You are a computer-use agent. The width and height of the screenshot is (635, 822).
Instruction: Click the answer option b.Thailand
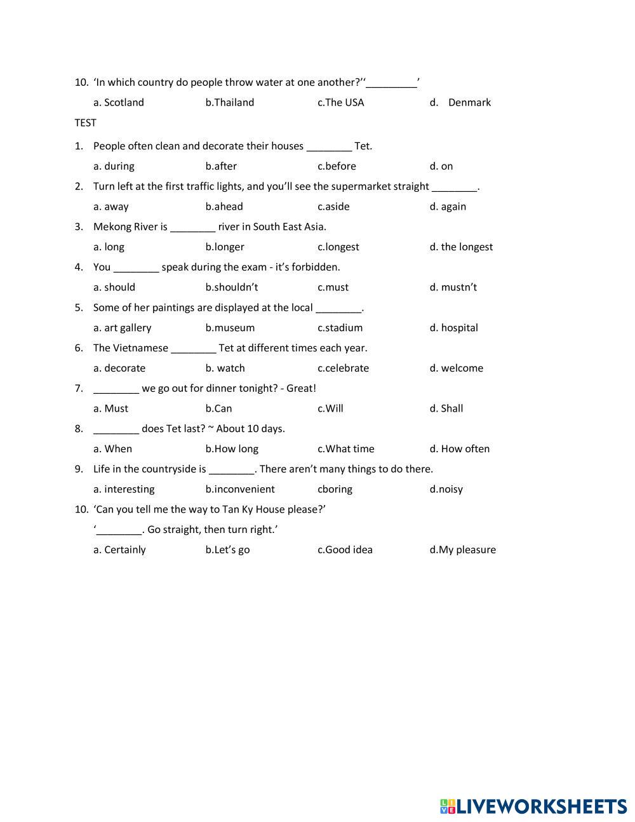229,102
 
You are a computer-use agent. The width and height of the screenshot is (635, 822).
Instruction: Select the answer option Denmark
469,102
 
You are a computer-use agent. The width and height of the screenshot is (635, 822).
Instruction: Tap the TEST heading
85,123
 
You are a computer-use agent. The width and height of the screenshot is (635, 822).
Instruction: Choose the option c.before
337,166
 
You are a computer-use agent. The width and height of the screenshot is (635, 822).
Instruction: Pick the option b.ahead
224,206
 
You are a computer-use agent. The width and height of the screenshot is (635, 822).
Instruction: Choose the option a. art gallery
122,328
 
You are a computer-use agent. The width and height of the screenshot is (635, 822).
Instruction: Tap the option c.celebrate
343,368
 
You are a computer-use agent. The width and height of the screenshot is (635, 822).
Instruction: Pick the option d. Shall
446,408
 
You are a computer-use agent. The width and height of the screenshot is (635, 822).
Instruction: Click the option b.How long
232,448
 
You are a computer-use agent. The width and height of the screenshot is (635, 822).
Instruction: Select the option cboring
335,489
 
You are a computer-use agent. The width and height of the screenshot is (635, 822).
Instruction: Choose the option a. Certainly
119,549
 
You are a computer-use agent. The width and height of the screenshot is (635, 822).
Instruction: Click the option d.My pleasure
462,549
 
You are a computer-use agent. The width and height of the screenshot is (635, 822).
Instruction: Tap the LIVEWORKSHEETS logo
533,806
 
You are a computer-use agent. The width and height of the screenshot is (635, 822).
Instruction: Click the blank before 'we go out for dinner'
116,389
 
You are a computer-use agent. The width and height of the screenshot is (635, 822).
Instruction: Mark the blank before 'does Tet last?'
116,430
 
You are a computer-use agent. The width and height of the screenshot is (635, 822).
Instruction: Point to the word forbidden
316,267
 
